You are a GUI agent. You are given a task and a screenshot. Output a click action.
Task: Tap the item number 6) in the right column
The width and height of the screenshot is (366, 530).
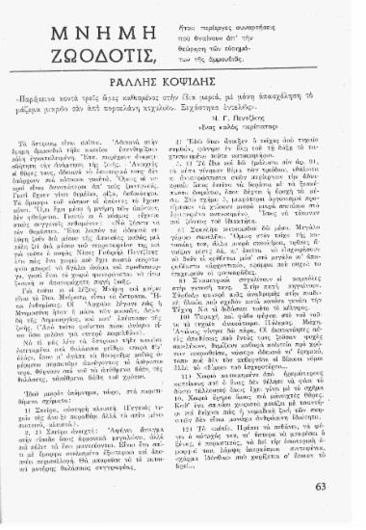[199, 271]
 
